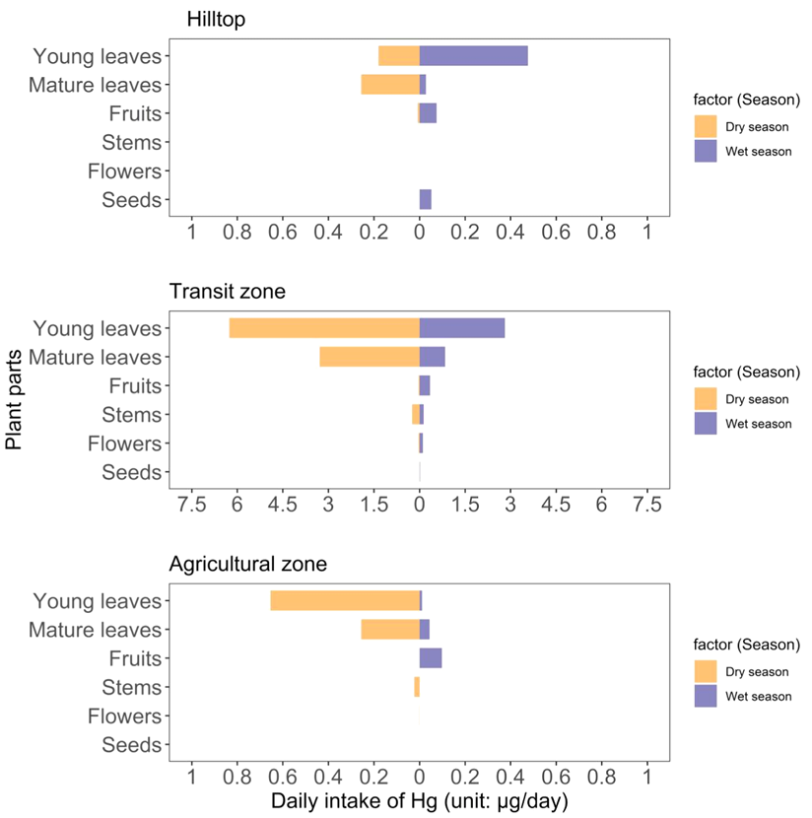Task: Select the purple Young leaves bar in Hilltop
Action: click(x=474, y=56)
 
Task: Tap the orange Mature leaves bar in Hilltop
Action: click(x=390, y=85)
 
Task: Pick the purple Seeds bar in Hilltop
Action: click(x=426, y=200)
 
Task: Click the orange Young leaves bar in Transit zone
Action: click(x=324, y=328)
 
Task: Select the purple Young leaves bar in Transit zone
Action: click(x=462, y=328)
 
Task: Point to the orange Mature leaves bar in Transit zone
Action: click(x=370, y=357)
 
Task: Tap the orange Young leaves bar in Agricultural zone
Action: click(x=345, y=601)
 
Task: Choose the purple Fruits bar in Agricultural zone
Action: click(x=431, y=658)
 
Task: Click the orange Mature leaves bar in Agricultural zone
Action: click(x=390, y=630)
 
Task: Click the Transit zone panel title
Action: click(x=228, y=292)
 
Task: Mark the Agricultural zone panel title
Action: click(x=247, y=565)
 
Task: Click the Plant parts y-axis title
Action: click(x=15, y=405)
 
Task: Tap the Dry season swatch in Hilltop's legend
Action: click(x=706, y=126)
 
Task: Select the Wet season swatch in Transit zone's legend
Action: click(x=706, y=424)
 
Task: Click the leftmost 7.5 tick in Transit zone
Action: click(x=191, y=504)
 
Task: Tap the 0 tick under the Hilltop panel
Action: click(x=420, y=232)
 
